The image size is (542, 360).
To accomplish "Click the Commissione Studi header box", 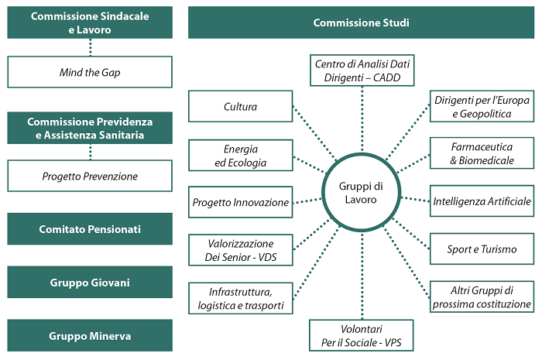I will pyautogui.click(x=361, y=23).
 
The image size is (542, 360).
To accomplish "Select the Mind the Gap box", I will pyautogui.click(x=90, y=72).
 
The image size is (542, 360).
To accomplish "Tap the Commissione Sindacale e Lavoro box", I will pyautogui.click(x=90, y=23).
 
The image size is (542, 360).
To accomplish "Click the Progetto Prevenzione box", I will pyautogui.click(x=90, y=176).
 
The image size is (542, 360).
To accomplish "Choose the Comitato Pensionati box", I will pyautogui.click(x=90, y=229).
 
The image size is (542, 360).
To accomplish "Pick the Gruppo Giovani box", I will pyautogui.click(x=90, y=283).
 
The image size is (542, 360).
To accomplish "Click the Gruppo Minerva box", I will pyautogui.click(x=90, y=336).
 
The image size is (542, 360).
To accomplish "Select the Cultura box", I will pyautogui.click(x=240, y=107).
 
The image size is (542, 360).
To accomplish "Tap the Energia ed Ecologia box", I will pyautogui.click(x=240, y=156).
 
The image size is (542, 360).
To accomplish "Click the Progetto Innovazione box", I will pyautogui.click(x=240, y=203).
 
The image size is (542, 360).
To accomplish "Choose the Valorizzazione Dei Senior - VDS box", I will pyautogui.click(x=240, y=250).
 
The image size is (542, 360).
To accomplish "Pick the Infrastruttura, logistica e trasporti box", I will pyautogui.click(x=240, y=298).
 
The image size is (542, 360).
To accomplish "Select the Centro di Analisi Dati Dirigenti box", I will pyautogui.click(x=361, y=70).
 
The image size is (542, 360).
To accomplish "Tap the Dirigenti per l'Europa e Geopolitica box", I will pyautogui.click(x=483, y=107).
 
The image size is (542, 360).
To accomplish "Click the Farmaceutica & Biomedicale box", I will pyautogui.click(x=483, y=154).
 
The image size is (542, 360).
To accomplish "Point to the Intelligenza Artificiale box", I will pyautogui.click(x=483, y=201).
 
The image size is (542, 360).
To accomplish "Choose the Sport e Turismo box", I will pyautogui.click(x=483, y=249).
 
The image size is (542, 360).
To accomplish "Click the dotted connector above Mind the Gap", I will pyautogui.click(x=90, y=47).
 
